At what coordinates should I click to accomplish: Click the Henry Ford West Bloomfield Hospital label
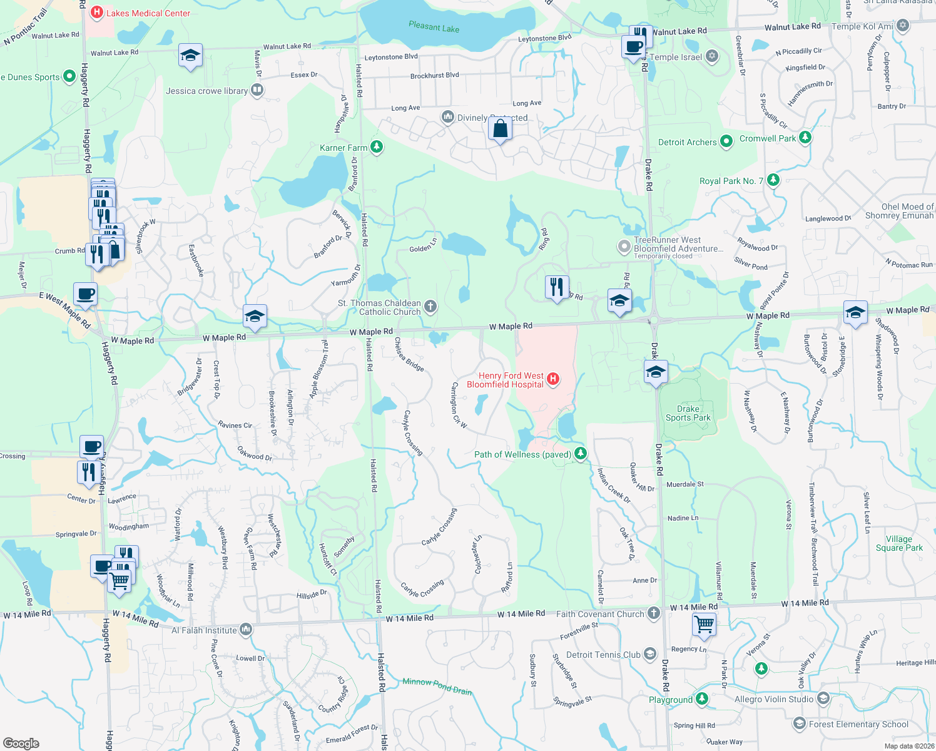pyautogui.click(x=505, y=380)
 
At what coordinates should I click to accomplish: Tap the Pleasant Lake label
pyautogui.click(x=434, y=27)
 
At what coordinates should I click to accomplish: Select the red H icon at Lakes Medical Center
pyautogui.click(x=97, y=12)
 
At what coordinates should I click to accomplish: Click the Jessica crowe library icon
pyautogui.click(x=257, y=91)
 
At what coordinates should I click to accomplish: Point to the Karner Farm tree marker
pyautogui.click(x=376, y=147)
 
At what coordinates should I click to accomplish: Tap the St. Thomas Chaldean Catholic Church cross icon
pyautogui.click(x=430, y=306)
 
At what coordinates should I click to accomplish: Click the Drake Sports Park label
pyautogui.click(x=688, y=413)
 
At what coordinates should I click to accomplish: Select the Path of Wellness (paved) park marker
pyautogui.click(x=581, y=454)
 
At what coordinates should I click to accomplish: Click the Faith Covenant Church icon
pyautogui.click(x=654, y=613)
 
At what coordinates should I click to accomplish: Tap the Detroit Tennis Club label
pyautogui.click(x=603, y=655)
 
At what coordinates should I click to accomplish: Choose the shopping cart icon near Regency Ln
pyautogui.click(x=705, y=623)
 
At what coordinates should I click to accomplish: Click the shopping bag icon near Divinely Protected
pyautogui.click(x=500, y=129)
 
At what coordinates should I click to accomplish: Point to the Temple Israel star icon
pyautogui.click(x=711, y=56)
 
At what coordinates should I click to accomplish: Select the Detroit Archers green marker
pyautogui.click(x=726, y=141)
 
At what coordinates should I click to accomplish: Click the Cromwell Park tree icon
pyautogui.click(x=805, y=138)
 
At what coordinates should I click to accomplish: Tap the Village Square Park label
pyautogui.click(x=898, y=543)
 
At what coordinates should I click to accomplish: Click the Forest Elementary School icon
pyautogui.click(x=799, y=723)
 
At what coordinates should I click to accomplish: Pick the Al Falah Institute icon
pyautogui.click(x=246, y=630)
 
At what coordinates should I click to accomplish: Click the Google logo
pyautogui.click(x=21, y=743)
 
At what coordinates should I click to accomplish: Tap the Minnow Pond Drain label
pyautogui.click(x=437, y=686)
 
